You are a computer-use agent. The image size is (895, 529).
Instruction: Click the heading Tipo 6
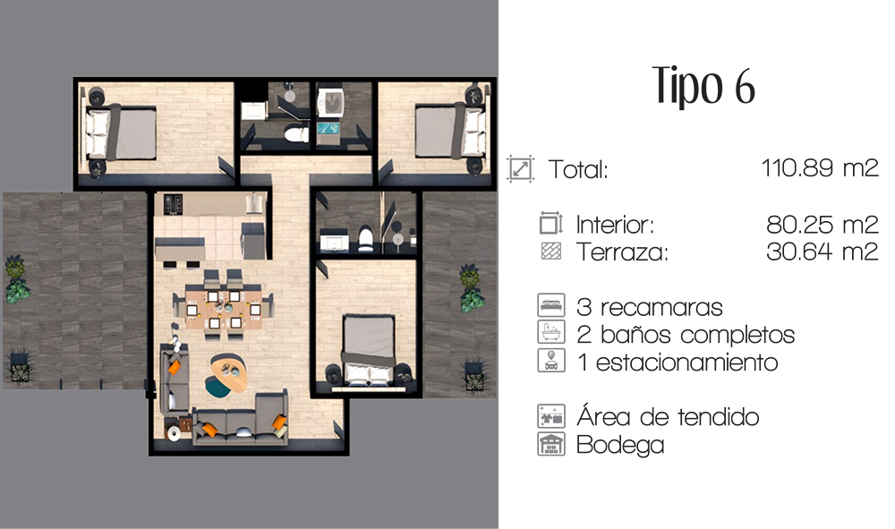click(x=703, y=86)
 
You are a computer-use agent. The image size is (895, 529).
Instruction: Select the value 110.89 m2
click(x=820, y=168)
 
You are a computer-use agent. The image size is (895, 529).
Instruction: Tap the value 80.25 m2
click(x=822, y=225)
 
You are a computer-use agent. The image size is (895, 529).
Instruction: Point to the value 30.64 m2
click(x=822, y=252)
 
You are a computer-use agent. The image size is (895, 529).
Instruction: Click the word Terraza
click(x=622, y=252)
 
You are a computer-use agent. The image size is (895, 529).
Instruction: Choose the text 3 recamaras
click(x=650, y=308)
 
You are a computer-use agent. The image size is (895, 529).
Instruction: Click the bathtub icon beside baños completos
click(x=550, y=333)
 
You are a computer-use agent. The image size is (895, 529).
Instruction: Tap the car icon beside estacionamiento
click(x=550, y=361)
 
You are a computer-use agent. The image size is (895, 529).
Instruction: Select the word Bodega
click(x=620, y=445)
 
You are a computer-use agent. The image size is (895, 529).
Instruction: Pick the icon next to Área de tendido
click(x=550, y=416)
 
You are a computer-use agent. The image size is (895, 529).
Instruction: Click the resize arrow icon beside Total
click(x=521, y=169)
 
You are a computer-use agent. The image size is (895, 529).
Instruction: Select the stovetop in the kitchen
click(x=173, y=204)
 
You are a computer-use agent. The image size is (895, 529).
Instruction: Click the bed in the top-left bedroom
click(x=121, y=132)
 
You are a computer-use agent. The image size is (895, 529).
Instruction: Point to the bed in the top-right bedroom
click(x=450, y=131)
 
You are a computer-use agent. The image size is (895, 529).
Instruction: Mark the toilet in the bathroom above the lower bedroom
click(x=365, y=238)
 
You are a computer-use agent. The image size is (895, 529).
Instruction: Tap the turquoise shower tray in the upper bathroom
click(x=328, y=128)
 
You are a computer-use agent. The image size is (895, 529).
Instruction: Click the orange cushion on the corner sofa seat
click(x=279, y=422)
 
